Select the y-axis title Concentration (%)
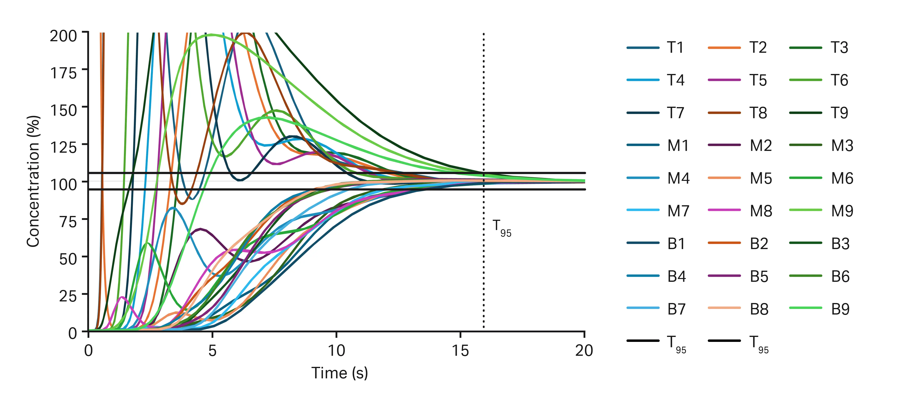point(33,181)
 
